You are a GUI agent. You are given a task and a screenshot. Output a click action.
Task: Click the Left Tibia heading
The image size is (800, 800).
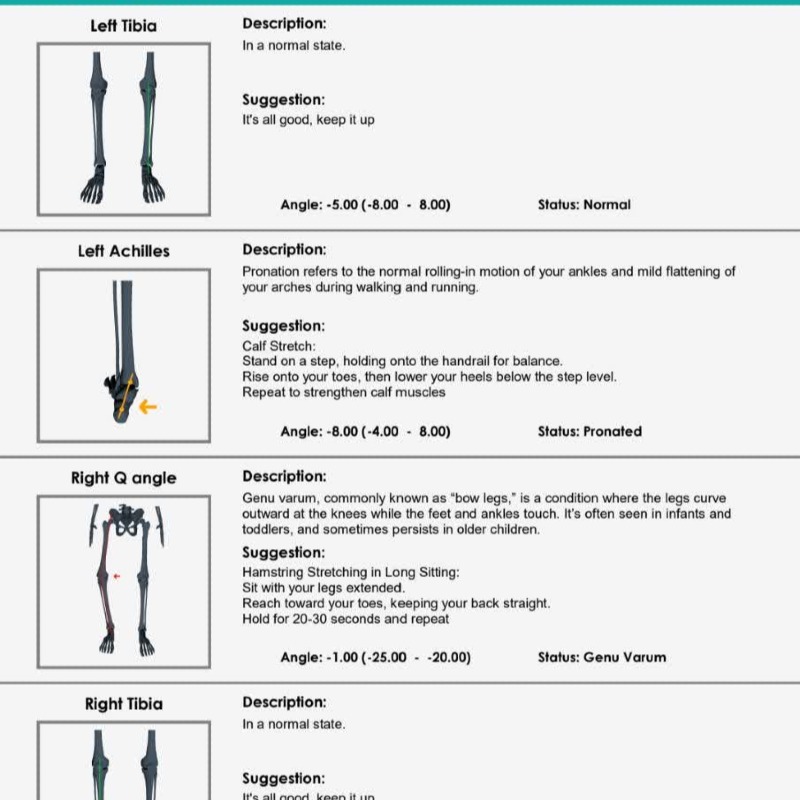[123, 25]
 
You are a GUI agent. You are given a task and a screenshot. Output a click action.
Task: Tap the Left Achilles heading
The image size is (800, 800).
[123, 251]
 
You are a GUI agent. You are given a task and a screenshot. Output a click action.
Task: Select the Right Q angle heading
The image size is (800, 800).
[123, 478]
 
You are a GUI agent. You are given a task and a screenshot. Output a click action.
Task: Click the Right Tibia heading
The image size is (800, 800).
[123, 704]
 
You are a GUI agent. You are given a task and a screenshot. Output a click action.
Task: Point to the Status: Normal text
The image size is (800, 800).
[584, 204]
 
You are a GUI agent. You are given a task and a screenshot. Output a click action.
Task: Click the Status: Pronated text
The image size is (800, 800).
[589, 431]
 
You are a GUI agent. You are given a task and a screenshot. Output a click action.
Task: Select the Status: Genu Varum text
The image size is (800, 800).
[601, 657]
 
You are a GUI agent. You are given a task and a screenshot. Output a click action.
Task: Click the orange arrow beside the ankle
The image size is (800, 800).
[147, 406]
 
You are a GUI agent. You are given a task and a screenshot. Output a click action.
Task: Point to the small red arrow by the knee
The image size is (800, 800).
[116, 576]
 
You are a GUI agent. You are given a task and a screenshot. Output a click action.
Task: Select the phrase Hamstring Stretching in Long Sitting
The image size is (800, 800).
[351, 572]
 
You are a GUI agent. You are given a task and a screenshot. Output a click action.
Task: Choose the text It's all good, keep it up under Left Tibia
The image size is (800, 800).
[308, 120]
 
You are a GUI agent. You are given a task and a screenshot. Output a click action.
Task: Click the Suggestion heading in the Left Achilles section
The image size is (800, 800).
[283, 325]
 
